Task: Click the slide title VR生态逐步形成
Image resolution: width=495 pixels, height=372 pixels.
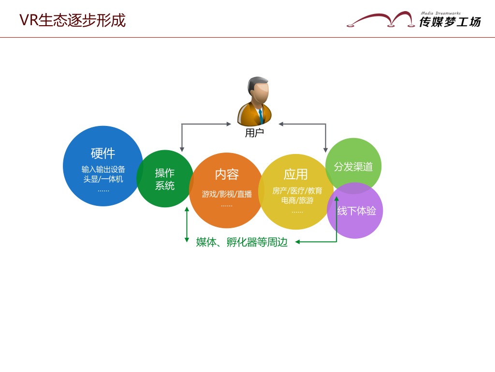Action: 73,20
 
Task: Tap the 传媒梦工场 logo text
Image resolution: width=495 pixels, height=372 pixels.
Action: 450,22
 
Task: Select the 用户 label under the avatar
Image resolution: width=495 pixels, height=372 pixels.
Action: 254,133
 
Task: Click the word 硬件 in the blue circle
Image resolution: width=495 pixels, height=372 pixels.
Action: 103,154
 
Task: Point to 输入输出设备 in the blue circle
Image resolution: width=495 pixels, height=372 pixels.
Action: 103,169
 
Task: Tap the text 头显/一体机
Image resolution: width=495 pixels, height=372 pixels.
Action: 103,179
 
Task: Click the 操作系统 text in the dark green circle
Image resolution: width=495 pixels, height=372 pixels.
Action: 165,179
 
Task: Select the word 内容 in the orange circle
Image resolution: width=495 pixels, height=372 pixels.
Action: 227,174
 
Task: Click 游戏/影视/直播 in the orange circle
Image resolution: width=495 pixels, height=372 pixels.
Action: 227,194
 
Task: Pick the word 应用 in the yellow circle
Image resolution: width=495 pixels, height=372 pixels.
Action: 295,174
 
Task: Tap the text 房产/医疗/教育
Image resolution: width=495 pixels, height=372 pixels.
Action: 297,191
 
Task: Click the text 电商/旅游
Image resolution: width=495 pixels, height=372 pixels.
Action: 297,200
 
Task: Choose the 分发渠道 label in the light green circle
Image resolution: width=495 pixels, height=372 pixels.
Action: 353,167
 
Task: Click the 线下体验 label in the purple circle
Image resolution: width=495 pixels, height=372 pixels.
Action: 357,211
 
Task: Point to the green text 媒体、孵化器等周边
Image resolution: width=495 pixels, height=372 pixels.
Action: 242,242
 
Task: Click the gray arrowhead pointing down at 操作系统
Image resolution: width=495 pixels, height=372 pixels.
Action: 182,150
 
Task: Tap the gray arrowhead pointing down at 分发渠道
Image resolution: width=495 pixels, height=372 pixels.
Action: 325,150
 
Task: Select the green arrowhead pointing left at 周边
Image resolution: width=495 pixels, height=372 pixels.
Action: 297,242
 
